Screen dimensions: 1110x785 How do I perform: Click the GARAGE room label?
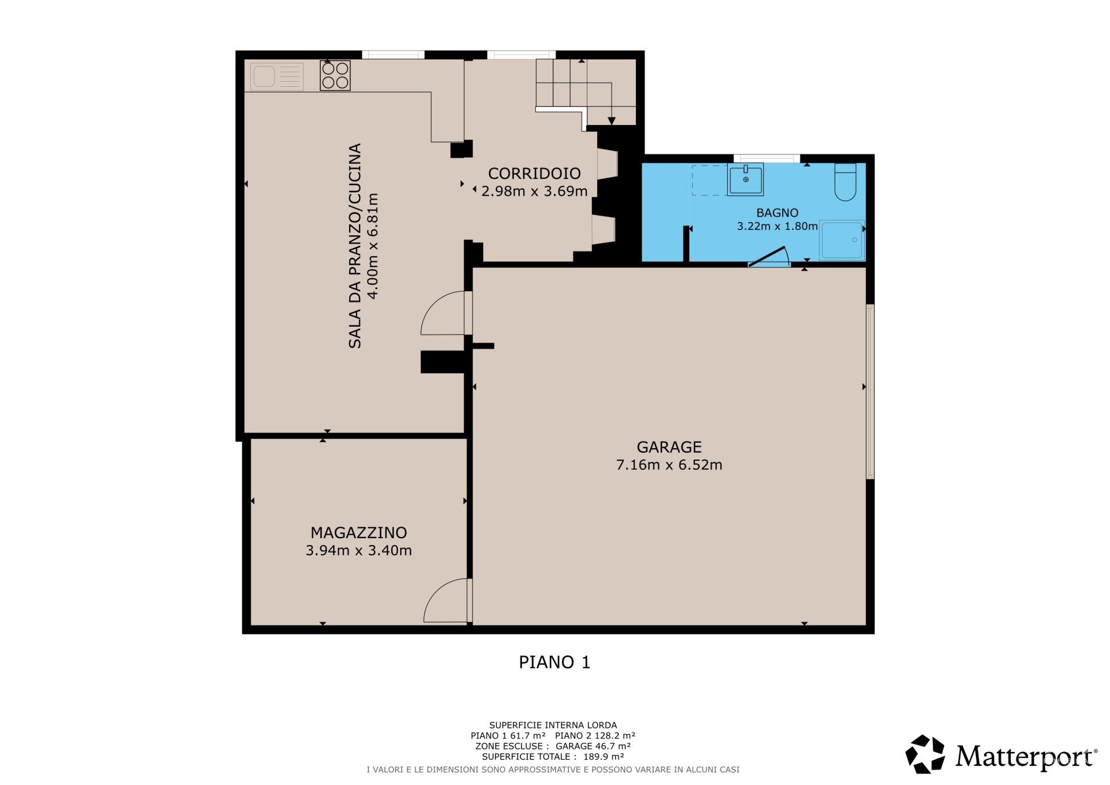[x=669, y=447]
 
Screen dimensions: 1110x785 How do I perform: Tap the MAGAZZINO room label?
[x=358, y=532]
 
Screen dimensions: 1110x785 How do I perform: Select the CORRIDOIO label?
[x=534, y=173]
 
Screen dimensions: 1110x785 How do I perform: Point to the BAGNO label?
[x=777, y=213]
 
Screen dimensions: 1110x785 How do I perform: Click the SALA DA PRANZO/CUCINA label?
[x=355, y=246]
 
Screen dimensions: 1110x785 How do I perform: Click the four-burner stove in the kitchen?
[x=335, y=76]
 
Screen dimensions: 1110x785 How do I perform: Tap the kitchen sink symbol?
[x=277, y=77]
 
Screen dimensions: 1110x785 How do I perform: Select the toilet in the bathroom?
[x=845, y=182]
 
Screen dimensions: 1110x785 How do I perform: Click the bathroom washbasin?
[x=745, y=180]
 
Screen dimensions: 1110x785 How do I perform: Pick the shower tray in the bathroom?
[x=842, y=240]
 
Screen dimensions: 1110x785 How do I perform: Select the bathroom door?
[x=769, y=257]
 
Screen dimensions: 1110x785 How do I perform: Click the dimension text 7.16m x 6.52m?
[x=669, y=465]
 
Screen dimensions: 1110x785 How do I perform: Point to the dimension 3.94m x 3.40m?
[x=358, y=550]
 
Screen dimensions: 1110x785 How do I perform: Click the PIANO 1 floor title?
[x=554, y=662]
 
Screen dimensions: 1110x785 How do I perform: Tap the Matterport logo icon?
[x=925, y=754]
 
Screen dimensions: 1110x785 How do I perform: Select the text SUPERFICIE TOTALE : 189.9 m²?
[x=553, y=757]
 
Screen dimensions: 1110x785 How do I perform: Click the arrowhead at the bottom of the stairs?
[x=612, y=121]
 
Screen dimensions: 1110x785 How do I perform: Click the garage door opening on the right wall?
[x=870, y=391]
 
